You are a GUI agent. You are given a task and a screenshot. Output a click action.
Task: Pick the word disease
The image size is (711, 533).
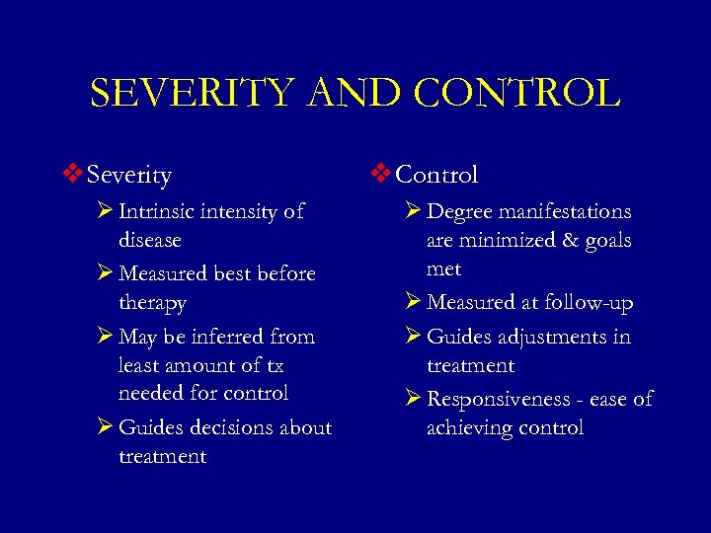point(150,240)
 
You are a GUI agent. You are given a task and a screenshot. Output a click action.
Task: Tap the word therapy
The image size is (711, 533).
point(152,303)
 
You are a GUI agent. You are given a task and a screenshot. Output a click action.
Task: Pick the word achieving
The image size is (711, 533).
point(470,427)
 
